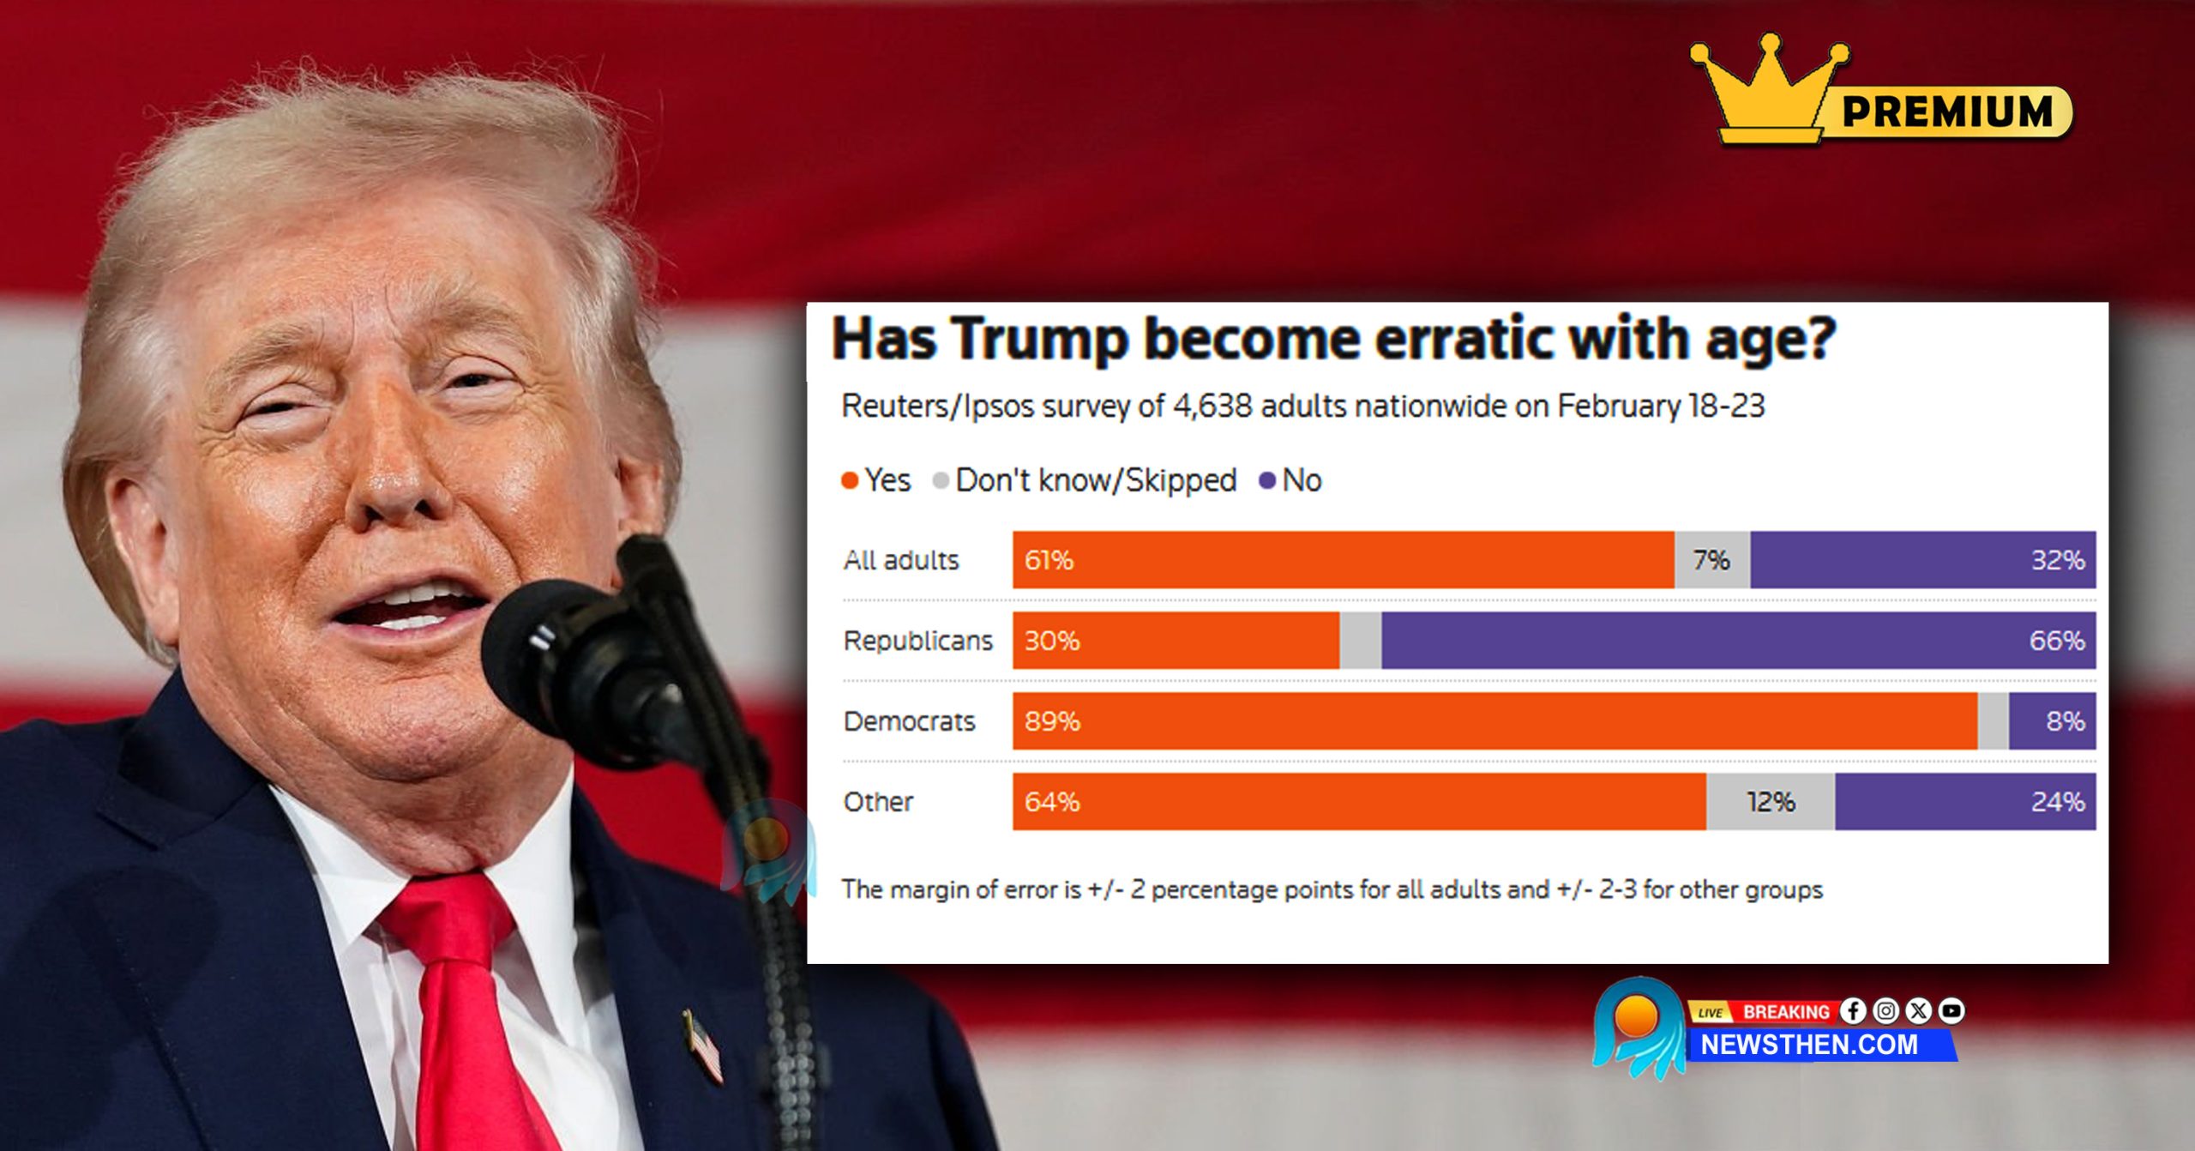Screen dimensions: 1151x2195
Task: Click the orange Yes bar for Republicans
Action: click(x=1176, y=640)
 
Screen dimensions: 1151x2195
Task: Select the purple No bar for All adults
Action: click(x=1922, y=559)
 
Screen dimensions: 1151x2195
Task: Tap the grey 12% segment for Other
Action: click(x=1770, y=801)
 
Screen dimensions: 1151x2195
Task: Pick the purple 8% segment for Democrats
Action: click(x=2052, y=720)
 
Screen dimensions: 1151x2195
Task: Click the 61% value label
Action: click(x=1049, y=560)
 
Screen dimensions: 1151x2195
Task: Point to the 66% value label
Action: click(x=2056, y=641)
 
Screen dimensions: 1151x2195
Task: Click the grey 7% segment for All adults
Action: click(x=1711, y=559)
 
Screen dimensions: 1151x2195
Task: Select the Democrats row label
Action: click(x=909, y=721)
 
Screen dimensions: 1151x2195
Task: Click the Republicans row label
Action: click(x=917, y=641)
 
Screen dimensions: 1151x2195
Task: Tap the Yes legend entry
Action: click(x=876, y=480)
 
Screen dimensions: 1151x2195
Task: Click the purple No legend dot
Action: click(x=1266, y=480)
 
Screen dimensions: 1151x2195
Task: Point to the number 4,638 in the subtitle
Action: click(x=1212, y=406)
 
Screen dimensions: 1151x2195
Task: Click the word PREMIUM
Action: click(x=1947, y=111)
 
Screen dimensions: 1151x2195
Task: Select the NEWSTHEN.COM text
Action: click(x=1809, y=1045)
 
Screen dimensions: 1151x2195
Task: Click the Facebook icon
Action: click(x=1853, y=1011)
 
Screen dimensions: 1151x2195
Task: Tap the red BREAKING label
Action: click(x=1786, y=1012)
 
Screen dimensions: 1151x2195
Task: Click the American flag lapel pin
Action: click(x=704, y=1046)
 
